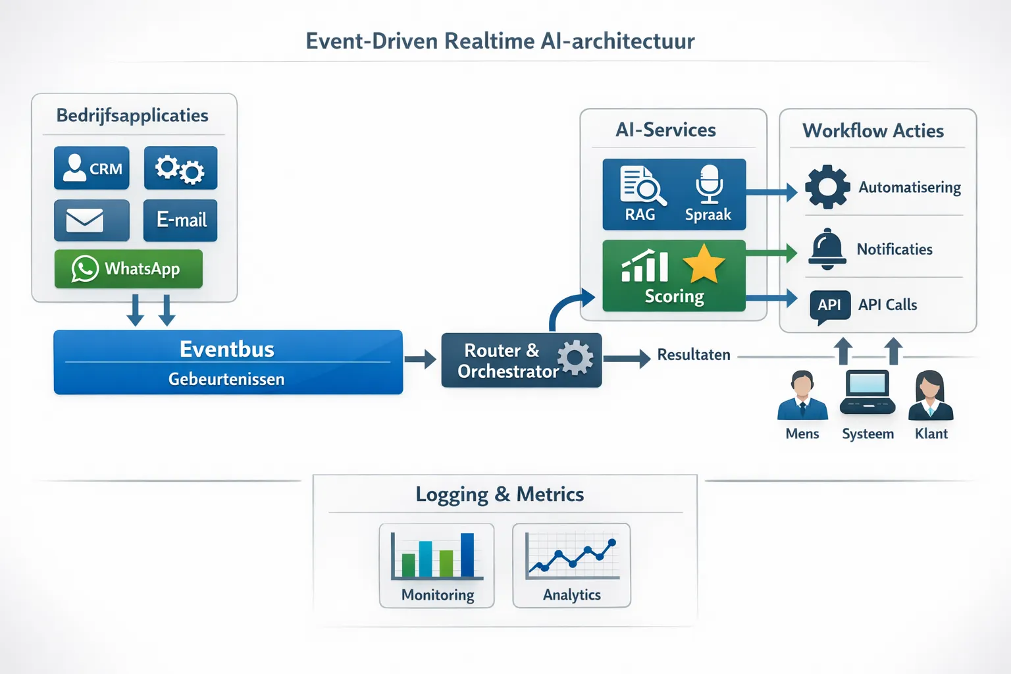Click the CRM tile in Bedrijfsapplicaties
pos(91,168)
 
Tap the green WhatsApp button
pos(128,269)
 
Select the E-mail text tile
pos(180,220)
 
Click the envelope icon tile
pos(91,220)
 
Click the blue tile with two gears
pos(180,168)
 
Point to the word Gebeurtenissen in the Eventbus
pos(226,379)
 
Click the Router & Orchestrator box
pos(521,360)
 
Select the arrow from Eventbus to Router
pos(421,359)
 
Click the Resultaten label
pos(694,355)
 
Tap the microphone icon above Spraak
pos(709,184)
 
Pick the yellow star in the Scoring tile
pos(704,264)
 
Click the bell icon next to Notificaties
pos(827,249)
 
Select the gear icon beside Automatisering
pos(827,187)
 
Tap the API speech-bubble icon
pos(829,306)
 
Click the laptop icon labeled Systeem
pos(868,393)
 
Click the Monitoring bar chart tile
pos(437,565)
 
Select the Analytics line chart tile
pos(571,565)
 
